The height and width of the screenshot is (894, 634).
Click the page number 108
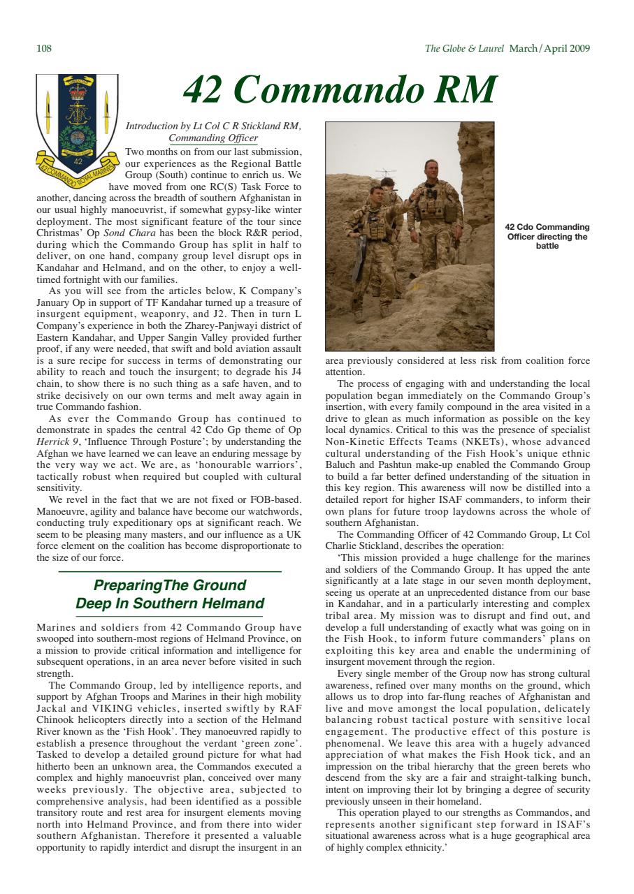43,48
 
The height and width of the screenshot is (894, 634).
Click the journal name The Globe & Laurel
464,48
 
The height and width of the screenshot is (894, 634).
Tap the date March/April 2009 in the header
549,48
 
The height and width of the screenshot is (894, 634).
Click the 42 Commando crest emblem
78,125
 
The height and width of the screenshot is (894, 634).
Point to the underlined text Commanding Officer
218,138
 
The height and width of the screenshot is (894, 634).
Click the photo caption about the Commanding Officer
547,236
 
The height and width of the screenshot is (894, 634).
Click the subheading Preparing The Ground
170,585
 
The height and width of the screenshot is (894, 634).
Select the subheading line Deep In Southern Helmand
170,603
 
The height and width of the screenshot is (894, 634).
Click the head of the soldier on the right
431,168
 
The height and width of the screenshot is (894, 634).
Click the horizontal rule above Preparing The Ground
170,572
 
